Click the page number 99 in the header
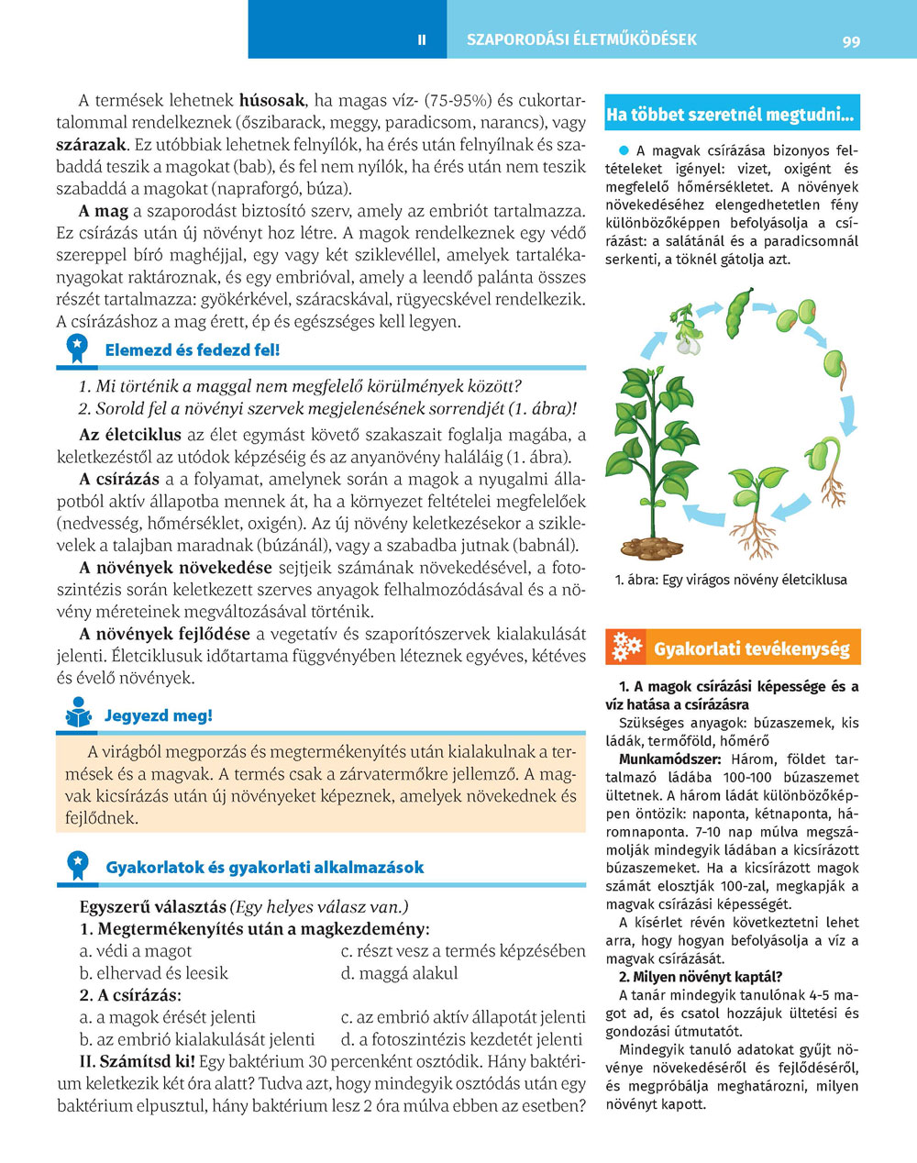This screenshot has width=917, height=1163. (x=851, y=41)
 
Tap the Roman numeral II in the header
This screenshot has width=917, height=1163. (x=421, y=40)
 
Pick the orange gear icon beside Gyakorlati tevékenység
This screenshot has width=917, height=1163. (x=627, y=648)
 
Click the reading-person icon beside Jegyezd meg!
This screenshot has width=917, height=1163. (x=79, y=714)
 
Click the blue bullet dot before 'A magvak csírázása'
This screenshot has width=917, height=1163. (x=623, y=150)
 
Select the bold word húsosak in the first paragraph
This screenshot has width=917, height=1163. (x=271, y=100)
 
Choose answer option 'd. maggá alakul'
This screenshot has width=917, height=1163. (x=399, y=973)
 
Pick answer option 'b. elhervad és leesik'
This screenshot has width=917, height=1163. (x=153, y=973)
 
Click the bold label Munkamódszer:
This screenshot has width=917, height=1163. (x=669, y=759)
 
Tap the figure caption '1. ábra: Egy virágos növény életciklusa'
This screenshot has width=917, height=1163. (x=731, y=580)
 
